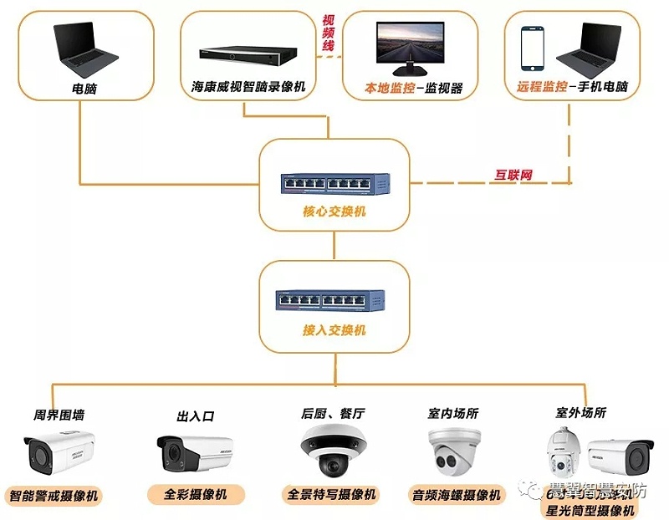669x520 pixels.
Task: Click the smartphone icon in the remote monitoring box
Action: [x=533, y=48]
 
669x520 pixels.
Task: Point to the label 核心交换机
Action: [x=334, y=212]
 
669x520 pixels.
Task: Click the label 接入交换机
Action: [x=334, y=330]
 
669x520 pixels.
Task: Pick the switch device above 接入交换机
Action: [x=334, y=298]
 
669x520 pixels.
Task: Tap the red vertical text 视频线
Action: [x=329, y=33]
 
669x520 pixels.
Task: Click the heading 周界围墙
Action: [x=58, y=414]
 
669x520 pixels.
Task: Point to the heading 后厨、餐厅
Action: [x=333, y=414]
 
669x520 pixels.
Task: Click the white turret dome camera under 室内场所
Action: [x=455, y=452]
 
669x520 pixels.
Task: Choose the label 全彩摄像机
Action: [x=198, y=494]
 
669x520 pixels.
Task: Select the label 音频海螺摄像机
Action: [x=457, y=495]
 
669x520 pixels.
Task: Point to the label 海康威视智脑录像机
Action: [x=248, y=87]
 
